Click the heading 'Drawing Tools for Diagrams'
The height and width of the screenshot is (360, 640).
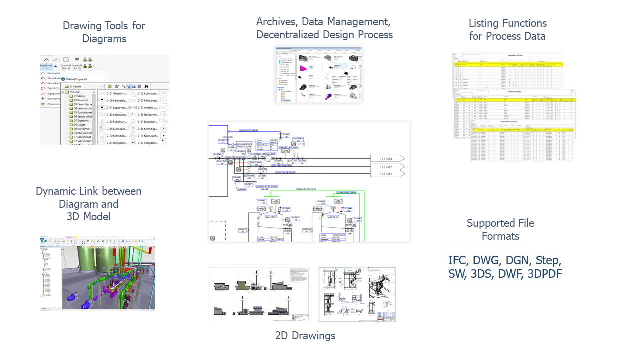(104, 32)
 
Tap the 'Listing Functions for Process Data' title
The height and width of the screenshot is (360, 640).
(507, 29)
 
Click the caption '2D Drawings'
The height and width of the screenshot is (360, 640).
(305, 336)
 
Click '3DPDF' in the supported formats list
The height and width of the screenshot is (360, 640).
(542, 274)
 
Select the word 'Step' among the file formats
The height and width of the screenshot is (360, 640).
(549, 260)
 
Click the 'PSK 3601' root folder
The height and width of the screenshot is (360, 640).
(77, 93)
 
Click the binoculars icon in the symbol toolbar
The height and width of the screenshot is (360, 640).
(147, 86)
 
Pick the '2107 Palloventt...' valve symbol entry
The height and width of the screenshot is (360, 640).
(147, 100)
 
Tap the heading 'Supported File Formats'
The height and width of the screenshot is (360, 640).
(500, 229)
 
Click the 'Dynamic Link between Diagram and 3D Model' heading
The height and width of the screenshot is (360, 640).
(89, 204)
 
